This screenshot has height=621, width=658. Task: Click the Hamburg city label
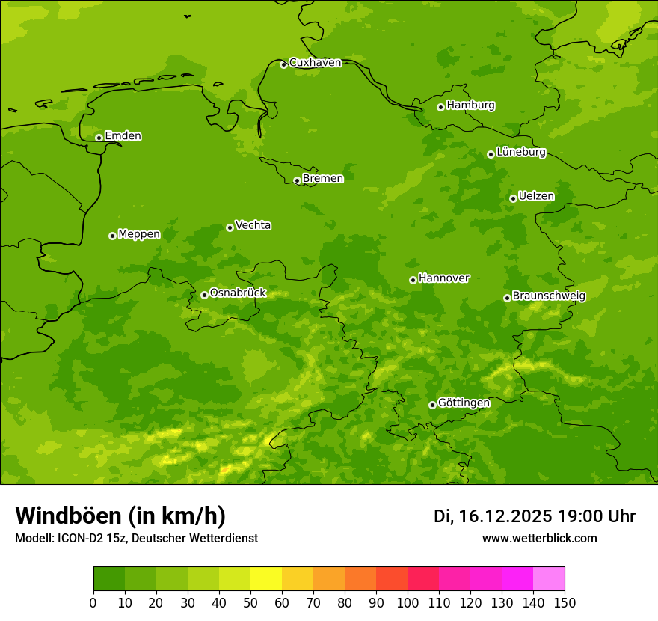pyautogui.click(x=470, y=105)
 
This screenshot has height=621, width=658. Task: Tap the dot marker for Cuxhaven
pyautogui.click(x=283, y=64)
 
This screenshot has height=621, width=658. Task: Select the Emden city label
pyautogui.click(x=123, y=136)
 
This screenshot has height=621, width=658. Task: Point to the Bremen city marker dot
pyautogui.click(x=297, y=180)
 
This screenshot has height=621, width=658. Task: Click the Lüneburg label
pyautogui.click(x=520, y=153)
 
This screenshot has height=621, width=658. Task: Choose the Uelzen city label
pyautogui.click(x=536, y=197)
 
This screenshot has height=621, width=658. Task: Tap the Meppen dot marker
pyautogui.click(x=112, y=236)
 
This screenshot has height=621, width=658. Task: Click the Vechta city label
pyautogui.click(x=253, y=225)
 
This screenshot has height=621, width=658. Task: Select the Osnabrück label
pyautogui.click(x=238, y=293)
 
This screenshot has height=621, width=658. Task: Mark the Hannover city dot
pyautogui.click(x=413, y=280)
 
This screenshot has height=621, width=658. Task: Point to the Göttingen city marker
pyautogui.click(x=432, y=405)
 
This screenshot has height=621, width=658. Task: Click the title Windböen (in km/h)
pyautogui.click(x=120, y=516)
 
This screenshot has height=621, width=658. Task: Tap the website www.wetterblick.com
pyautogui.click(x=539, y=538)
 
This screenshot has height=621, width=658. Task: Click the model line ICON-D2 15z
pyautogui.click(x=97, y=538)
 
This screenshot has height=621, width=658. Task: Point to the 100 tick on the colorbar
pyautogui.click(x=408, y=603)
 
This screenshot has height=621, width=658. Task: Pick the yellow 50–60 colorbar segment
pyautogui.click(x=266, y=579)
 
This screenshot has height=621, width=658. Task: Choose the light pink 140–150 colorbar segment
pyautogui.click(x=549, y=579)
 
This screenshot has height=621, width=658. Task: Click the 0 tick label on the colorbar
pyautogui.click(x=93, y=603)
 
